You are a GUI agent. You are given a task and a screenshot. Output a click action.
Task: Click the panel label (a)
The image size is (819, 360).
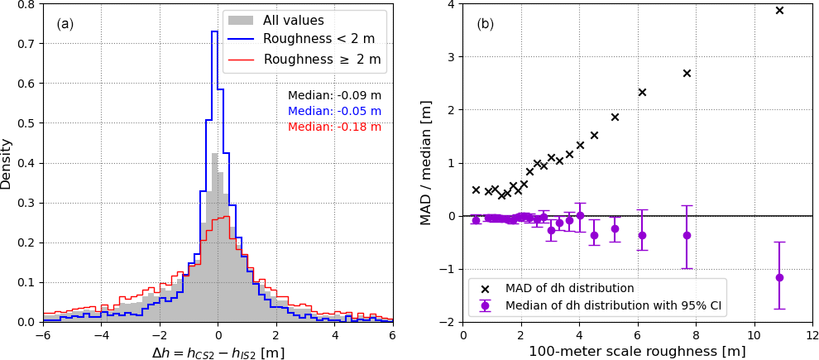[x=65, y=24]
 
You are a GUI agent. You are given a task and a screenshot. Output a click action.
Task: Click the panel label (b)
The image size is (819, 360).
[x=486, y=24]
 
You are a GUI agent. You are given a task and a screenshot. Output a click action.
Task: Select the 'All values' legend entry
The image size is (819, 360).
[x=294, y=19]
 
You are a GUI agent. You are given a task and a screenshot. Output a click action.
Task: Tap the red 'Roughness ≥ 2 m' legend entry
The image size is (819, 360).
[x=322, y=60]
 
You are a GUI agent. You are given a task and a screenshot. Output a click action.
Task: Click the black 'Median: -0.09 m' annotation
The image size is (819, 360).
[x=334, y=95]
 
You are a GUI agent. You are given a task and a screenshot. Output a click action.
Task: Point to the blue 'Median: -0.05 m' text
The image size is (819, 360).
[x=334, y=111]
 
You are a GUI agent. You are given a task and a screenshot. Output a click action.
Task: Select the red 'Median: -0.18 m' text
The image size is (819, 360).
[x=334, y=127]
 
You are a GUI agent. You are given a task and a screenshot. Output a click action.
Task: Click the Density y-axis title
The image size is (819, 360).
[x=7, y=163]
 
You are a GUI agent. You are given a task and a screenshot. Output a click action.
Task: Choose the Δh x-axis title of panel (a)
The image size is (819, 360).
[x=218, y=352]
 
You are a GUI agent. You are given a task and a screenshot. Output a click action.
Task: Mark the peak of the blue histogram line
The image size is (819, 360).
[x=214, y=32]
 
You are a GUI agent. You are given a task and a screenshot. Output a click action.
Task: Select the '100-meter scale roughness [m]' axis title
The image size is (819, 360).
[x=638, y=352]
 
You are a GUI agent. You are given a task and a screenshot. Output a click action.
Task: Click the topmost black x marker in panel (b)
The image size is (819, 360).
[x=779, y=11]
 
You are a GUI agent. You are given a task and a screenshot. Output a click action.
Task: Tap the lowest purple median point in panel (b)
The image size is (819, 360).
[x=779, y=277]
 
